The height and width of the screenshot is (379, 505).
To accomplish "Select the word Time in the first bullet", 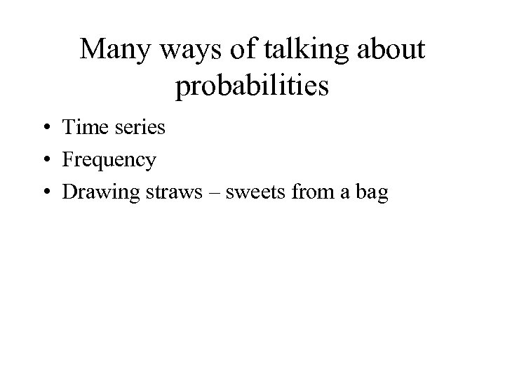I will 85,127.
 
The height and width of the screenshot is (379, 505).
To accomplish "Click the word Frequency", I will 109,161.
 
